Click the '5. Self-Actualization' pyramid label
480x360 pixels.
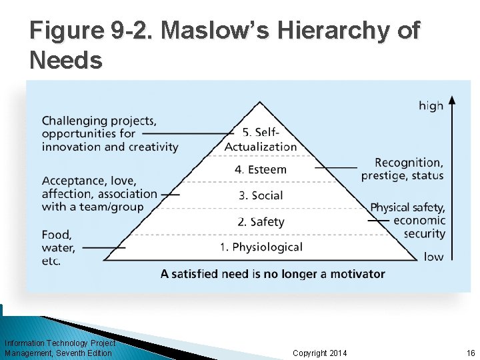click(261, 140)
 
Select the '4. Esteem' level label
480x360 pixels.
click(261, 169)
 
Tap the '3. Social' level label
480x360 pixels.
click(261, 195)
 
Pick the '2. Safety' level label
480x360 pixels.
click(261, 221)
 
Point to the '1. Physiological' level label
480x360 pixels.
click(261, 247)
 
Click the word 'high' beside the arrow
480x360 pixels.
click(431, 105)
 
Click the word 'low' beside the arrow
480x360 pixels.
click(433, 257)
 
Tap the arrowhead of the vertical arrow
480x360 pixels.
click(452, 101)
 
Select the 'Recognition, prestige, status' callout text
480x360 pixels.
click(403, 169)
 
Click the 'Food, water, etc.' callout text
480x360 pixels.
click(58, 247)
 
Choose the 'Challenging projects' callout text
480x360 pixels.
click(110, 133)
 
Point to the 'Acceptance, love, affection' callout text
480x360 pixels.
click(99, 193)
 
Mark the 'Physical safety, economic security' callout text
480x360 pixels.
click(408, 220)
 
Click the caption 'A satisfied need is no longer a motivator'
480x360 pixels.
click(273, 273)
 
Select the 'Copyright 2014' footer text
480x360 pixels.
click(320, 353)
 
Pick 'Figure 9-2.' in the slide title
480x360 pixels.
click(92, 31)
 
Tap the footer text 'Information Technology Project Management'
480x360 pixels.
click(59, 348)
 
